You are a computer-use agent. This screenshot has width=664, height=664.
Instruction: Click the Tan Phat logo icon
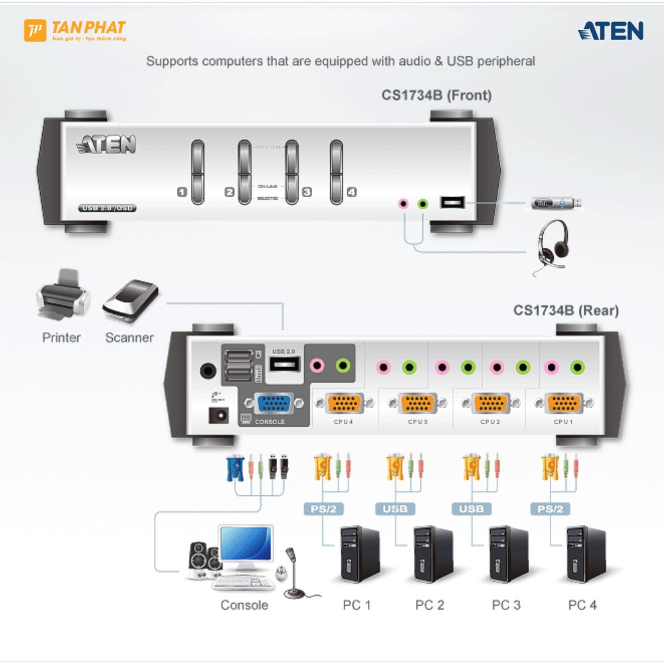pyautogui.click(x=35, y=31)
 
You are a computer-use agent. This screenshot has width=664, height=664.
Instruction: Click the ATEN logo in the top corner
pyautogui.click(x=610, y=31)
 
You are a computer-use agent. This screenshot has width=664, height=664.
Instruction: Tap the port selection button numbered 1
pyautogui.click(x=198, y=171)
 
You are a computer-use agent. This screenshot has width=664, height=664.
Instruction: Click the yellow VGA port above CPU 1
pyautogui.click(x=563, y=403)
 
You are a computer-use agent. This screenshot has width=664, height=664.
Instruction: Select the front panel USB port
pyautogui.click(x=452, y=203)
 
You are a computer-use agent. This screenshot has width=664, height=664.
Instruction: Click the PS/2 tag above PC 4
pyautogui.click(x=548, y=509)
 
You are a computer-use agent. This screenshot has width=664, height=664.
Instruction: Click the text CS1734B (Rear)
pyautogui.click(x=566, y=310)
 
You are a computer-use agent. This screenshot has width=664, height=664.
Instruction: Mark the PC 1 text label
pyautogui.click(x=357, y=605)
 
